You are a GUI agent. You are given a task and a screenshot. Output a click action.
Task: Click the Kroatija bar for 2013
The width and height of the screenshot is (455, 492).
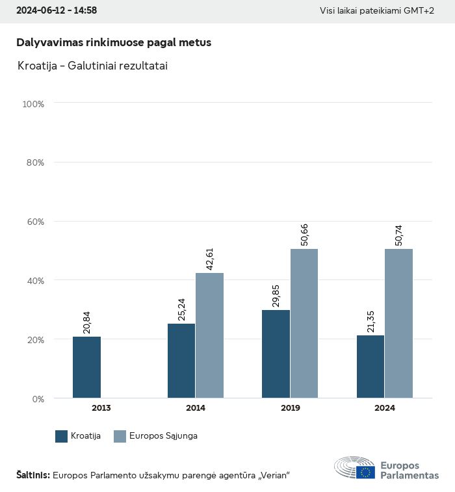[x=86, y=367]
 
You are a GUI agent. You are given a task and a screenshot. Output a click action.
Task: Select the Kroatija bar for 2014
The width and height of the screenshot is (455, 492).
[x=181, y=361]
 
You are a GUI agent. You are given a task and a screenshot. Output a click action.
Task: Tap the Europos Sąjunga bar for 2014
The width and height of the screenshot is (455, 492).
[x=209, y=335]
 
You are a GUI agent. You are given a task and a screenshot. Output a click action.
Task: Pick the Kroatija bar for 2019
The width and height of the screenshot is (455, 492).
[x=276, y=354]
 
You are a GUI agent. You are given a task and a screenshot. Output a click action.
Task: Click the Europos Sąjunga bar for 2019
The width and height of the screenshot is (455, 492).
[x=304, y=324]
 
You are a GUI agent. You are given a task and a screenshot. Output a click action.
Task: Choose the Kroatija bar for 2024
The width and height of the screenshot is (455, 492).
[x=370, y=367]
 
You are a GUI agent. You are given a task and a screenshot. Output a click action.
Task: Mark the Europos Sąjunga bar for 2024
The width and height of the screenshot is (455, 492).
[x=398, y=324]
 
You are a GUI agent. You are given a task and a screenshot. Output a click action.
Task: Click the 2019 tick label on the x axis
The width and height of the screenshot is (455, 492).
[x=290, y=408]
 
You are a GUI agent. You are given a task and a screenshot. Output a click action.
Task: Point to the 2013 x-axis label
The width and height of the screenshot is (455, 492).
[x=101, y=408]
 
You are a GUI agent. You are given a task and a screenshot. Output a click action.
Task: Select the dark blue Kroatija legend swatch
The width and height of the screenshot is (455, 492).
[x=62, y=436]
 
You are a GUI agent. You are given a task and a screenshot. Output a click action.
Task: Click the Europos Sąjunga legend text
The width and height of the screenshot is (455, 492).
[x=164, y=436]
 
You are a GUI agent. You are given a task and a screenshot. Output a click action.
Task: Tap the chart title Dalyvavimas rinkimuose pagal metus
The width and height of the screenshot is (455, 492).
[x=114, y=42]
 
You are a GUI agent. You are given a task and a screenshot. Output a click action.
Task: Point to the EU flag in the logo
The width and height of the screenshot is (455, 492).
[x=365, y=472]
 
